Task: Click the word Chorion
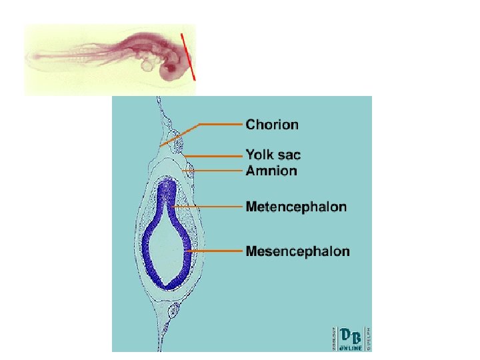tap(272, 124)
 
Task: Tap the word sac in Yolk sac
tap(288, 155)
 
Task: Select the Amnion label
tap(271, 171)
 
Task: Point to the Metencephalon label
tap(296, 207)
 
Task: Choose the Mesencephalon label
tap(297, 251)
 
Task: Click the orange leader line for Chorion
tap(220, 124)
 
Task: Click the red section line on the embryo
tap(188, 56)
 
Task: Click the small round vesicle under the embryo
tap(147, 65)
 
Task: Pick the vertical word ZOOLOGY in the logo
tap(334, 337)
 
